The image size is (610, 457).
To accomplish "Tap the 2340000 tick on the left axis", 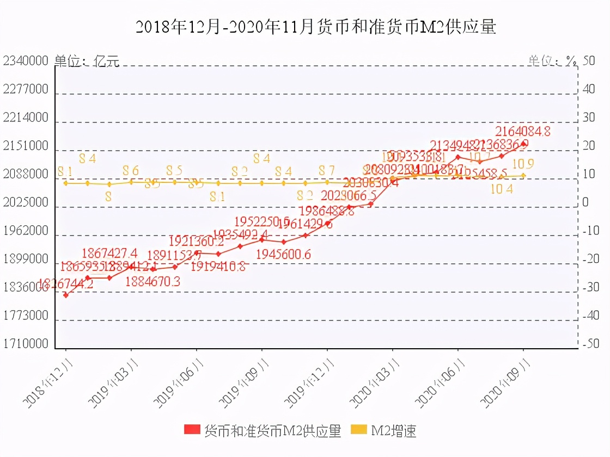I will tap(26, 61).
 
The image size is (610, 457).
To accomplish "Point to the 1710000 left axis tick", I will tap(26, 344).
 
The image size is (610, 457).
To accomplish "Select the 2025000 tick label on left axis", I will tap(26, 203).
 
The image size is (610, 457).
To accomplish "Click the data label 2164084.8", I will tap(522, 131).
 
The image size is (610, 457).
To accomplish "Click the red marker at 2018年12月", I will tap(66, 295).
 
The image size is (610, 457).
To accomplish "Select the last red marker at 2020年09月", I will tap(524, 144).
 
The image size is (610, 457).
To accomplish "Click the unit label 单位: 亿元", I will tap(87, 61).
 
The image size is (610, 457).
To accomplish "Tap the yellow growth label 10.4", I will tap(502, 189).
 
